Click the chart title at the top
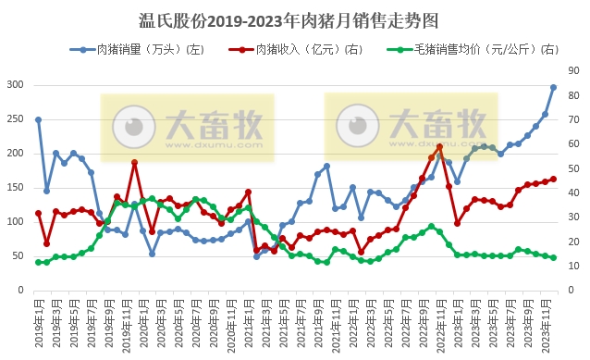point(294,19)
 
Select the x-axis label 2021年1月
point(247,320)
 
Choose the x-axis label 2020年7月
point(194,320)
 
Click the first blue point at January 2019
point(38,119)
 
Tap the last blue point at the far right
point(554,87)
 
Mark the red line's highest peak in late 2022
point(440,146)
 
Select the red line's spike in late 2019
point(135,163)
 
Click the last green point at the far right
point(554,258)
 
